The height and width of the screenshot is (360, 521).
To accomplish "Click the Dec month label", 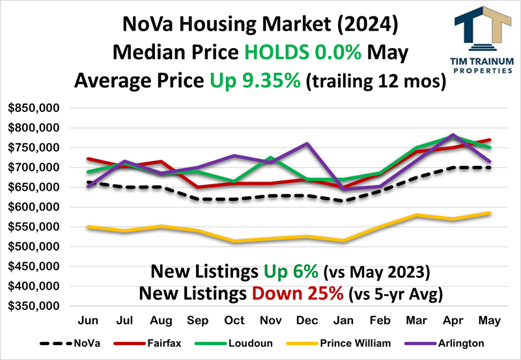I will [307, 321].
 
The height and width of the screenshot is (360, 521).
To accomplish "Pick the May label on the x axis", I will [490, 321].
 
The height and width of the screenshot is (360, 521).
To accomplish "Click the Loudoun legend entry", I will [248, 343].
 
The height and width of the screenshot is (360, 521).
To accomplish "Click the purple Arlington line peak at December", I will [307, 143].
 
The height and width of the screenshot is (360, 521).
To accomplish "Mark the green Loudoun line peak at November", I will [270, 158].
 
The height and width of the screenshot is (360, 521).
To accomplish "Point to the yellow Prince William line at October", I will [234, 242].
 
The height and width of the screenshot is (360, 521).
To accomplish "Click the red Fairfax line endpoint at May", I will [490, 139].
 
